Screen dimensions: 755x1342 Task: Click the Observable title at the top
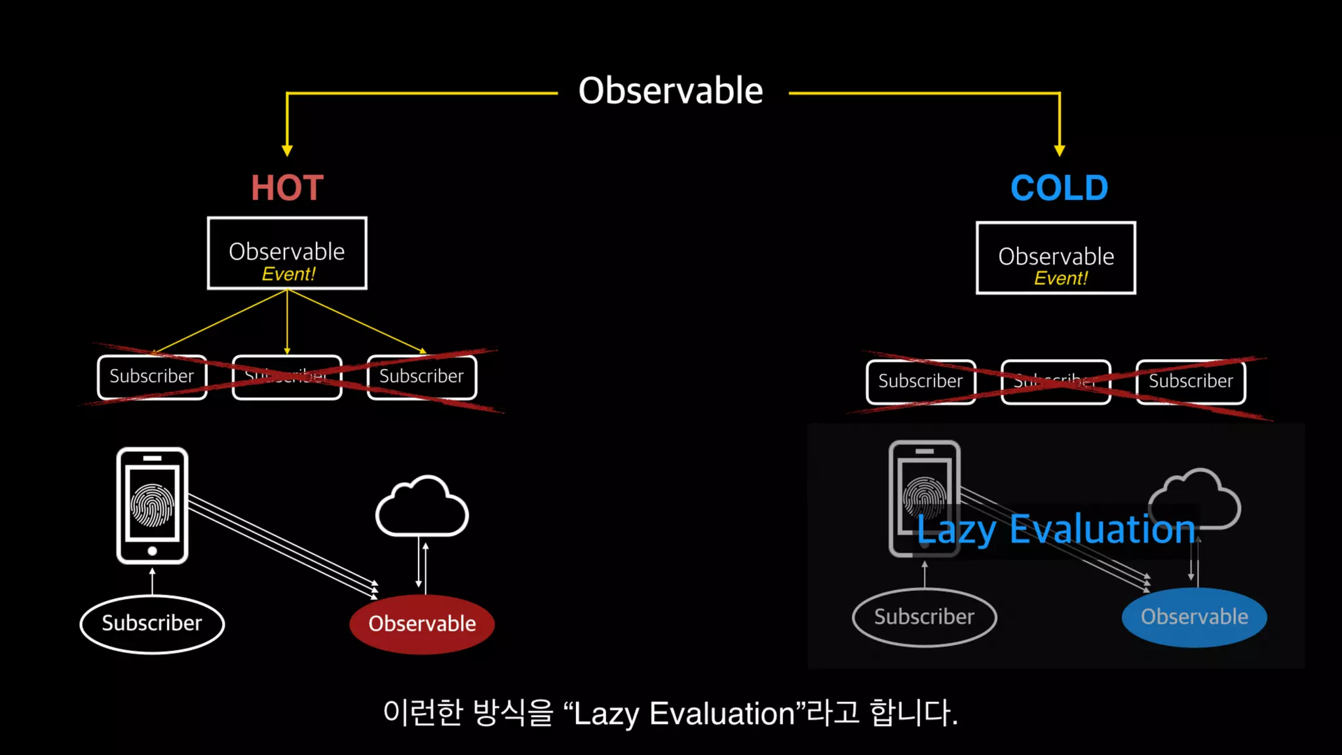click(x=670, y=90)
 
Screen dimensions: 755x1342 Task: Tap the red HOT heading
click(x=287, y=188)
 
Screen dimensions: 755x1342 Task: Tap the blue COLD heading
click(x=1059, y=188)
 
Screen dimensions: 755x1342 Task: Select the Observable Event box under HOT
click(x=287, y=253)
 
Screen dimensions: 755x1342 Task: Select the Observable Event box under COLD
click(x=1056, y=258)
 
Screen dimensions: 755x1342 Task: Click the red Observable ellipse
click(x=422, y=624)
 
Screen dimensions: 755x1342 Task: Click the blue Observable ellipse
click(x=1194, y=617)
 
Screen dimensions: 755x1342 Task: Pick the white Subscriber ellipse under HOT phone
click(x=152, y=623)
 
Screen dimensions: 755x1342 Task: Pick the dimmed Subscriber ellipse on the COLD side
click(x=924, y=617)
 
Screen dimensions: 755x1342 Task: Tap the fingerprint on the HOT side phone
click(x=152, y=505)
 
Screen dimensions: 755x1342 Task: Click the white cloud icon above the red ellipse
click(x=422, y=508)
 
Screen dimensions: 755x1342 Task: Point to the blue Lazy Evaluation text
click(x=1056, y=530)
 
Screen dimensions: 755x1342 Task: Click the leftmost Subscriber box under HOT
click(x=152, y=377)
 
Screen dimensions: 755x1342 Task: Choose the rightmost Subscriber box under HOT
click(x=421, y=377)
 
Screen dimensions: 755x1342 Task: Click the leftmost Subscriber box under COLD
click(x=921, y=381)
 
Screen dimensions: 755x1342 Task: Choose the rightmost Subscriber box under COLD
click(x=1191, y=381)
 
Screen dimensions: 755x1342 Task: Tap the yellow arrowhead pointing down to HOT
click(x=287, y=150)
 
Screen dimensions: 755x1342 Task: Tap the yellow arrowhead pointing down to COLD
click(x=1060, y=150)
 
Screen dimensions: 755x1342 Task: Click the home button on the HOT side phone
click(x=152, y=551)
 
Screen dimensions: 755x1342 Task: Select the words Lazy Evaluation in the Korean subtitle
click(x=683, y=714)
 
